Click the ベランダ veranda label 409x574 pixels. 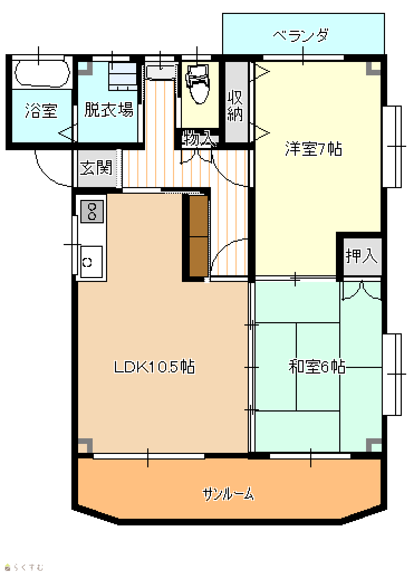point(301,36)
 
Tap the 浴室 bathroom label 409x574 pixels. point(41,110)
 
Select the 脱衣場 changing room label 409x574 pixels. point(109,109)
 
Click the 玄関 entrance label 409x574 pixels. point(96,168)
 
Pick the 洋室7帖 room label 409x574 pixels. point(314,149)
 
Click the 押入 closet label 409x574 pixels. point(362,256)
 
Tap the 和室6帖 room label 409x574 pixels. point(317,366)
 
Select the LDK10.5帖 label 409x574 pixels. point(155,366)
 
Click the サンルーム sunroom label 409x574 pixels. point(228,494)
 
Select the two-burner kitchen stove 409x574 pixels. point(92,212)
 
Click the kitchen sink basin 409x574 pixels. point(92,262)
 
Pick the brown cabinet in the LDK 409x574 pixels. point(198,236)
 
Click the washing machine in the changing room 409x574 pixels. point(123,76)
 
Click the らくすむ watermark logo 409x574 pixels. point(24,567)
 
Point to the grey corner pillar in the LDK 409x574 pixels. point(85,445)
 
